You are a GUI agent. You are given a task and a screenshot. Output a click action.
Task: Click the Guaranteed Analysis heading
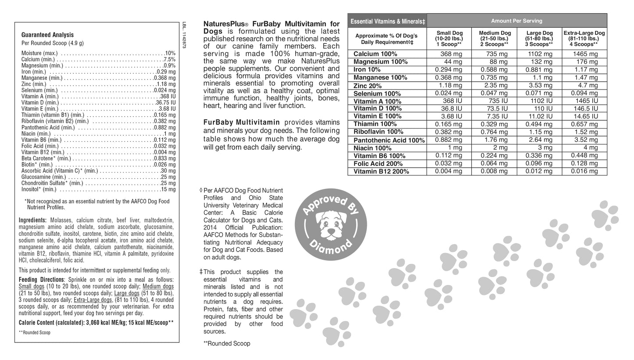(x=47, y=35)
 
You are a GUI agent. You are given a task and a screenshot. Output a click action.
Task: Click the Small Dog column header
(x=449, y=39)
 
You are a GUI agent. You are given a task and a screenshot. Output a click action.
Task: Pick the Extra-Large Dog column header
(x=584, y=39)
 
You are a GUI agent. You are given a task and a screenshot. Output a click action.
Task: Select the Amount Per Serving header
(x=516, y=21)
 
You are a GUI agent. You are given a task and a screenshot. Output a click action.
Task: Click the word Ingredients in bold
(x=32, y=220)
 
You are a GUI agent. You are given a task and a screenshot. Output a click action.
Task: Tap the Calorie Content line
(x=96, y=323)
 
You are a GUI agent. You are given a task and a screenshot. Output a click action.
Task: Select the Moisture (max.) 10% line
(x=98, y=53)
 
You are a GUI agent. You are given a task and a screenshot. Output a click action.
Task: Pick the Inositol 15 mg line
(x=98, y=190)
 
